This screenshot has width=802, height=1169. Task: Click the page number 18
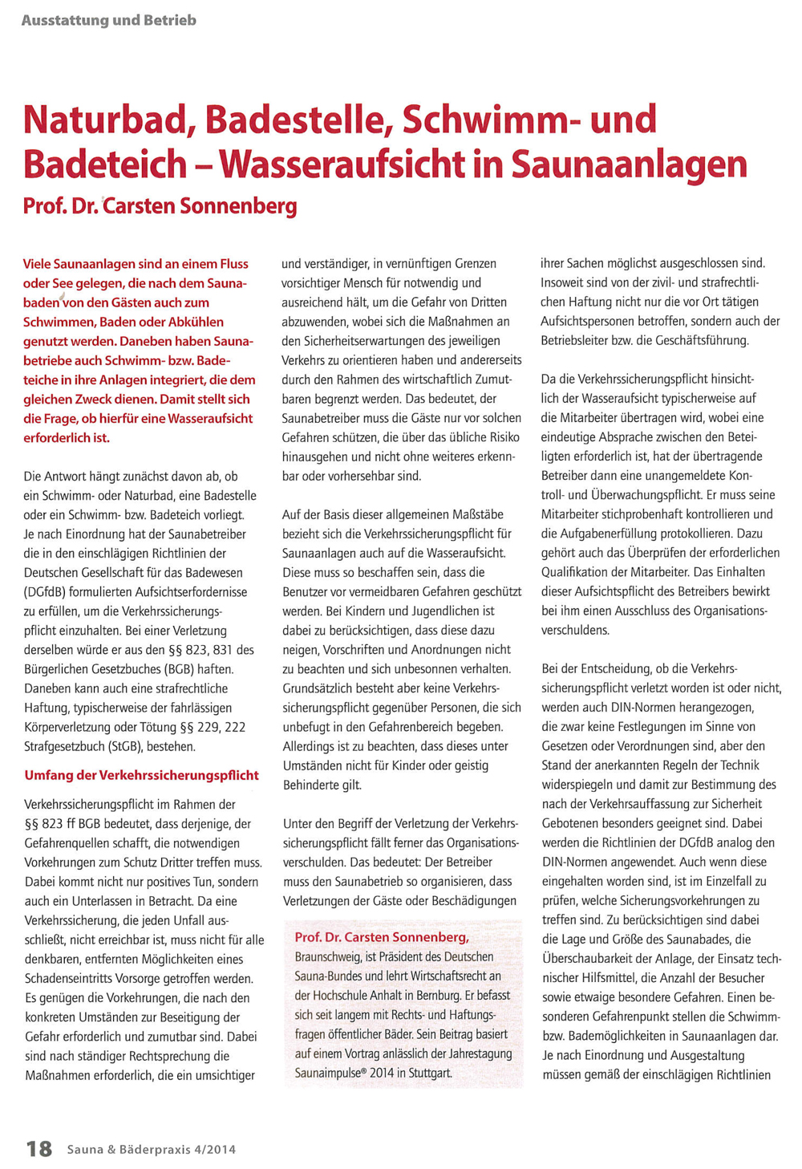point(39,1148)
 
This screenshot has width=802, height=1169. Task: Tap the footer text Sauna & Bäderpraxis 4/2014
point(152,1149)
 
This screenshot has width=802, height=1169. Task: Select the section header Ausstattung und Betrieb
point(109,20)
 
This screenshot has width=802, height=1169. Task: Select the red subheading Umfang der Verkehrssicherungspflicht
point(141,775)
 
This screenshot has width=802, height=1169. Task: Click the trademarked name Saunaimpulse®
point(335,1073)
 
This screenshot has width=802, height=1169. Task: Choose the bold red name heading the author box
point(381,937)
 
